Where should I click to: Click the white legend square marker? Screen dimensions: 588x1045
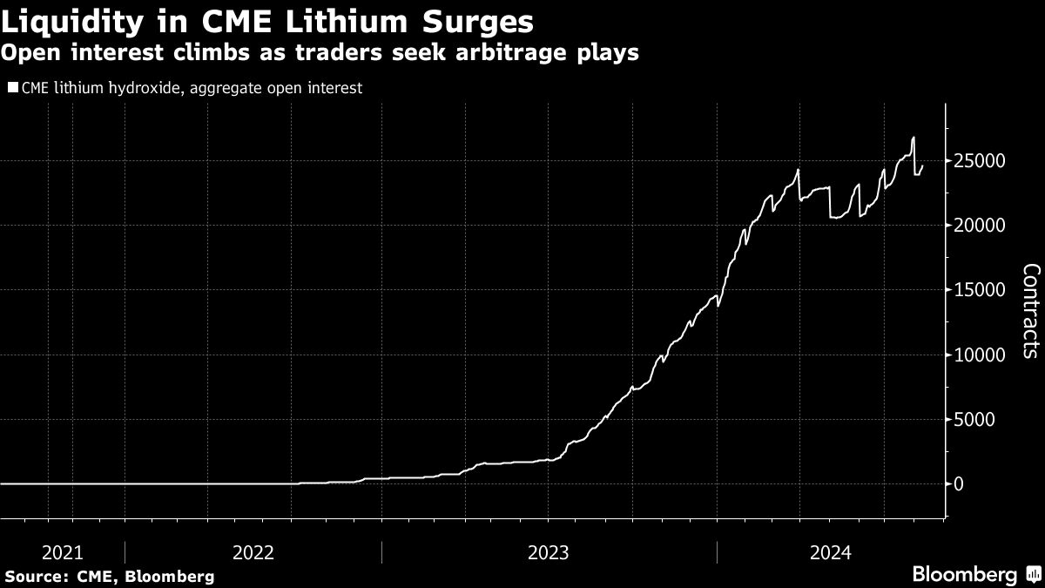click(x=12, y=87)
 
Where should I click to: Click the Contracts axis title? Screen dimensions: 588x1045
click(x=1028, y=322)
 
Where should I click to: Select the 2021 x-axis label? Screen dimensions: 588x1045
click(x=62, y=551)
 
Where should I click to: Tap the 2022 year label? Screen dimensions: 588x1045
click(x=253, y=551)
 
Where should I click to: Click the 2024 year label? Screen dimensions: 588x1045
click(x=830, y=551)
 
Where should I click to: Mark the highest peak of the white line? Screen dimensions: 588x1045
click(x=913, y=138)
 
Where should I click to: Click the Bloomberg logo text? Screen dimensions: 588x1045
click(x=964, y=575)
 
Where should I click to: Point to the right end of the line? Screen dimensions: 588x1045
click(x=922, y=166)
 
